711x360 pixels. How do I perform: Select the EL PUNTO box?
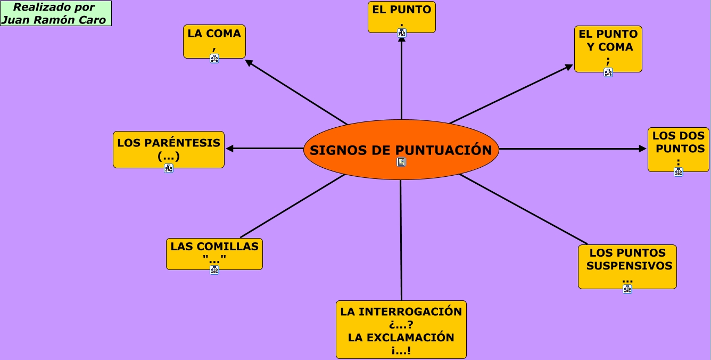401,13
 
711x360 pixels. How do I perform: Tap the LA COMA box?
214,38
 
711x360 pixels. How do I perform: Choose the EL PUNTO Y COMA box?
608,45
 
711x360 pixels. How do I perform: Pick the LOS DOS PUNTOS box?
678,146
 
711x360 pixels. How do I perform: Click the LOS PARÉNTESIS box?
169,147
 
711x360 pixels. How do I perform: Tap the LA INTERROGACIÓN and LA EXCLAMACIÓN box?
401,329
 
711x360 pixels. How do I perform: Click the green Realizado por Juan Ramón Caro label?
55,13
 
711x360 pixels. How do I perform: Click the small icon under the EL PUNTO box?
402,33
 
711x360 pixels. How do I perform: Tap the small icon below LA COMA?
214,59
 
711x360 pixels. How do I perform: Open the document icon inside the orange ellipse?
401,162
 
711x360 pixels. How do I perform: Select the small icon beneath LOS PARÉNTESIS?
169,168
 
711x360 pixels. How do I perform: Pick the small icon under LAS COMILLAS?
214,270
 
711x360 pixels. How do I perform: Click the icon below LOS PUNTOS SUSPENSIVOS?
627,289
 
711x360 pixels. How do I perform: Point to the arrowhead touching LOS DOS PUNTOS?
643,149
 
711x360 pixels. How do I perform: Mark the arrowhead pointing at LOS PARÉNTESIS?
230,149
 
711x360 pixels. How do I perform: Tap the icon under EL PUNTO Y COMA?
608,72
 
